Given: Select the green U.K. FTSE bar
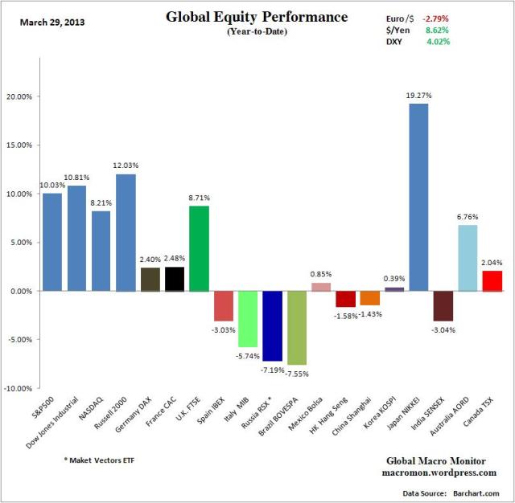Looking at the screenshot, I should click(x=199, y=248).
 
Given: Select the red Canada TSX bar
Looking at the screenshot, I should click(x=492, y=280).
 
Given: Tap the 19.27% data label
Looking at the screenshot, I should click(x=419, y=95).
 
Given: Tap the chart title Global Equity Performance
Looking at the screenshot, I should click(x=257, y=17).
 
